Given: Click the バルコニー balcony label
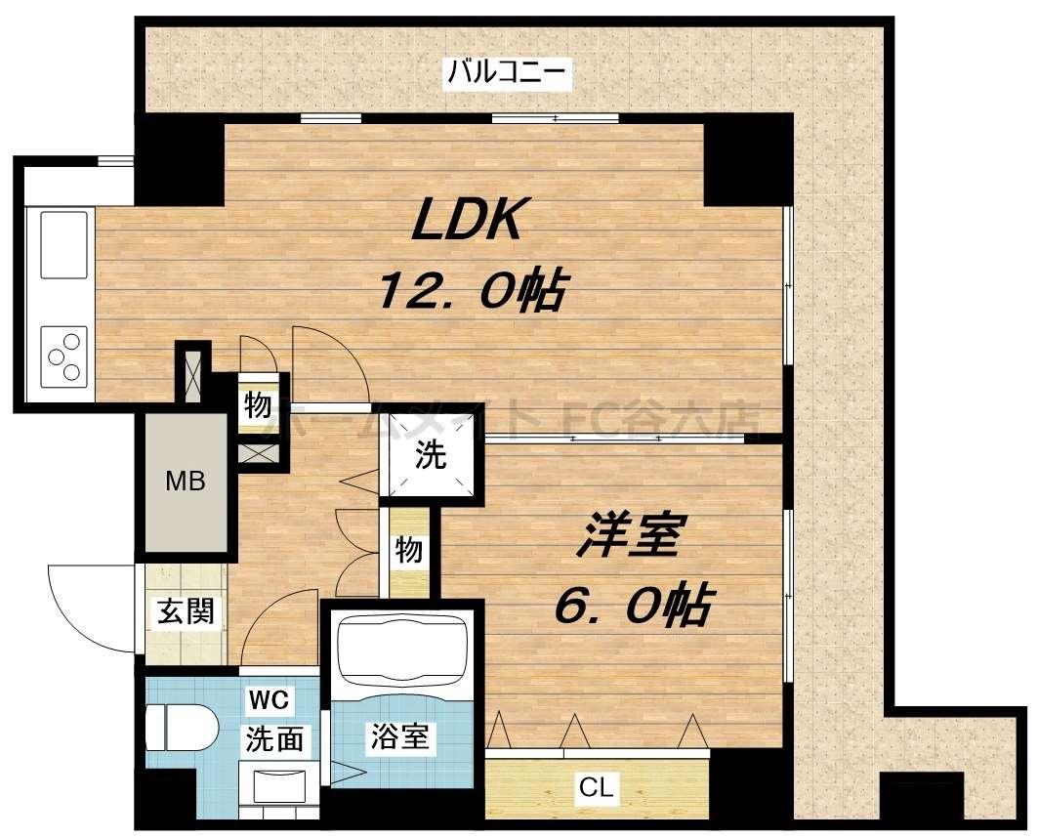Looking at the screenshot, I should coord(508,72).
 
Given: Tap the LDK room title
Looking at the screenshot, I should coord(471,222).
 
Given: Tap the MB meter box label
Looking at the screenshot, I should coord(185,482).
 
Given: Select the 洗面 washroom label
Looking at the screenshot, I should coord(274,739).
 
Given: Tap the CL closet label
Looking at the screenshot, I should coord(596,788).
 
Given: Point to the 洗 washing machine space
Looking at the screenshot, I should coord(431,455).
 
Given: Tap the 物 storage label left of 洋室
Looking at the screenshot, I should coord(409,551).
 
